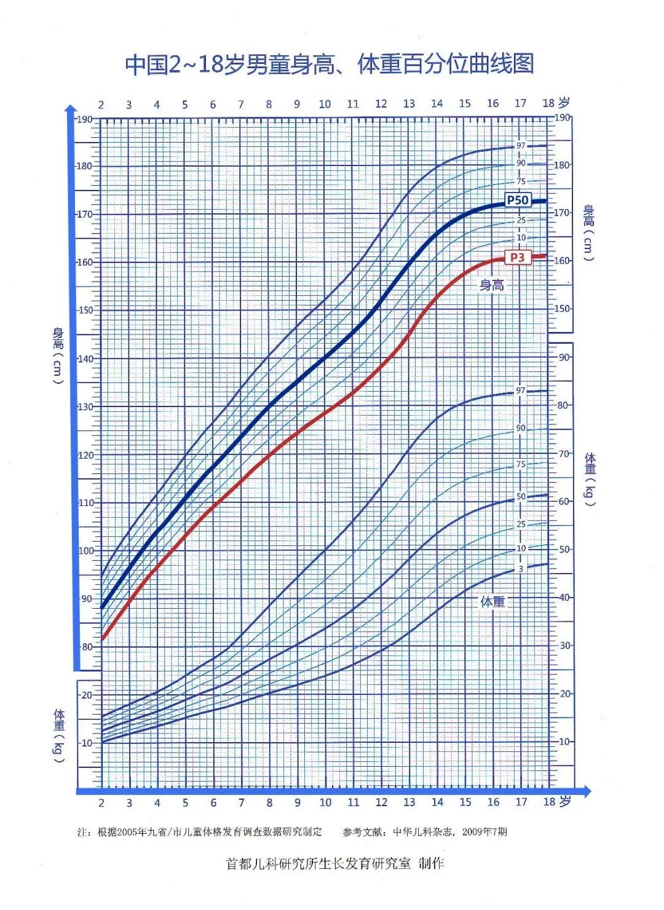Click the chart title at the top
329,65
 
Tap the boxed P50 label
518,200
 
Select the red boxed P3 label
518,257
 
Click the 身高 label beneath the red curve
492,285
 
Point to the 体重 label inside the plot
492,602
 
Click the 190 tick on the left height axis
84,119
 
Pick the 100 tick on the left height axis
86,551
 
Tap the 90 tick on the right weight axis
564,357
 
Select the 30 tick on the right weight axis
564,646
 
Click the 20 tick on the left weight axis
87,695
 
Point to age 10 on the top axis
325,105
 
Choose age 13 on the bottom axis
409,802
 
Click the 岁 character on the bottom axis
565,802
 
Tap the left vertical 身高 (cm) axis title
58,357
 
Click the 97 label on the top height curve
521,146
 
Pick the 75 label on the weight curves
521,465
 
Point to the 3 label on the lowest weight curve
521,569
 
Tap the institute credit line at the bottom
335,864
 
